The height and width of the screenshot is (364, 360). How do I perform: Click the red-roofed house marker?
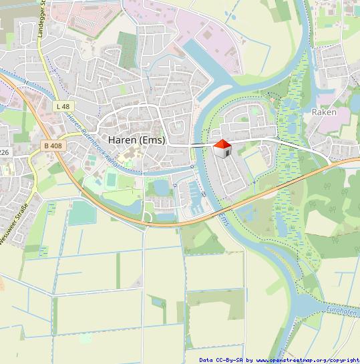tap(222, 148)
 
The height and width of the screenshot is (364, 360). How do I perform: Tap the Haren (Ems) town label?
tap(136, 140)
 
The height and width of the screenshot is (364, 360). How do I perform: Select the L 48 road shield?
tap(63, 106)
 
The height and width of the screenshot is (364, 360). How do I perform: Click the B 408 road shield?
tap(53, 145)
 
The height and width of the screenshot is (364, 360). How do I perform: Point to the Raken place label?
tap(324, 112)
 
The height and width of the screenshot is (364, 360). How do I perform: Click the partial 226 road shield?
tap(4, 152)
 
